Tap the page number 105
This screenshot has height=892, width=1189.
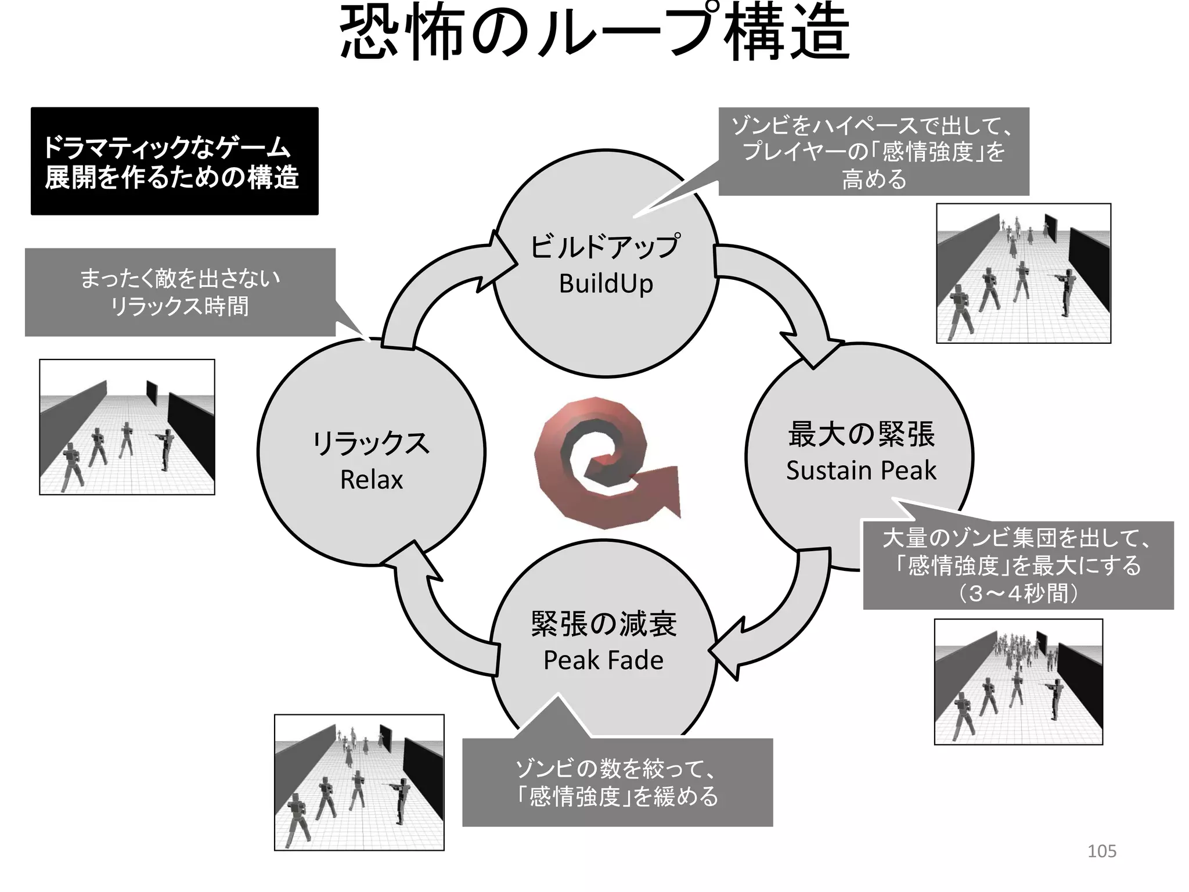tap(1101, 851)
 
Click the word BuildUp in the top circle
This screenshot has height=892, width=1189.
tap(606, 284)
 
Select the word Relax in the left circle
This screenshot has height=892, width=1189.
tap(371, 480)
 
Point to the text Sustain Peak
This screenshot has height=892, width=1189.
tap(861, 470)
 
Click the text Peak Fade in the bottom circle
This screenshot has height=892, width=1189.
tap(603, 660)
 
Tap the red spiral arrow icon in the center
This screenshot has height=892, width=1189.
tap(604, 462)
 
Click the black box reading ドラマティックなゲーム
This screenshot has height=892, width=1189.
tap(174, 161)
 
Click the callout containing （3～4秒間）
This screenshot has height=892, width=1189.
tap(1018, 565)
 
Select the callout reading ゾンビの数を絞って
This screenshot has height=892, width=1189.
tap(617, 782)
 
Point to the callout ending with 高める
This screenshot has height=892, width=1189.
tap(874, 152)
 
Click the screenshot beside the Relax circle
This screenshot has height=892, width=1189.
tap(127, 427)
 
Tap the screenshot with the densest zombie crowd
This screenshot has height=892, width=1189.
tap(1018, 681)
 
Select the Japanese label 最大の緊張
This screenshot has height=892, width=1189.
tap(861, 434)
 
